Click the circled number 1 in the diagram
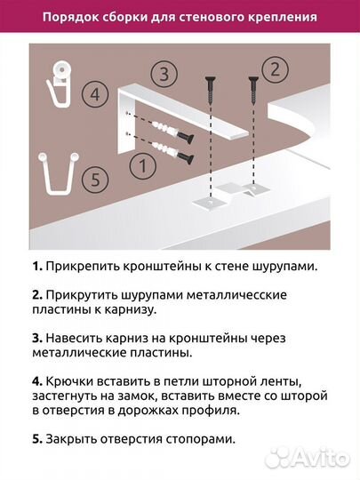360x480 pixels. click(138, 165)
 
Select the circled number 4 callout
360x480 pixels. click(94, 92)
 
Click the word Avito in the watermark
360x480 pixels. click(317, 459)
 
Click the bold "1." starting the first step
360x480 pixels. click(36, 267)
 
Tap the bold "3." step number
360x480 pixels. click(36, 337)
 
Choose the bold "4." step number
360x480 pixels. click(36, 380)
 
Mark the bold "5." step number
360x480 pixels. click(36, 438)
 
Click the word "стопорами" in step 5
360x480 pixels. click(206, 438)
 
